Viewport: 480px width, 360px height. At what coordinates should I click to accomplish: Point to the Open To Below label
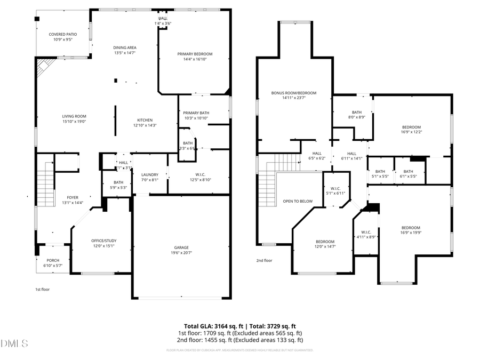[x=298, y=201]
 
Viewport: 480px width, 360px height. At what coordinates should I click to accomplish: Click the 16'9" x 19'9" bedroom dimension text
[x=410, y=233]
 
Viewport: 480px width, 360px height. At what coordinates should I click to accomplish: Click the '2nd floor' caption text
[x=264, y=261]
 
